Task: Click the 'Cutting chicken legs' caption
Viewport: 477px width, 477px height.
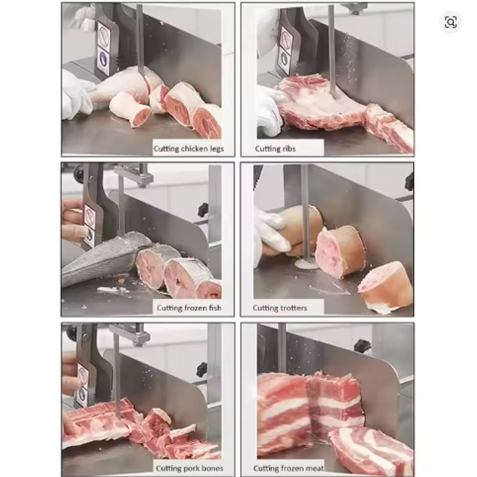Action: pyautogui.click(x=188, y=148)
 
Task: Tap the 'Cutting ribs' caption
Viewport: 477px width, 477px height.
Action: pyautogui.click(x=275, y=148)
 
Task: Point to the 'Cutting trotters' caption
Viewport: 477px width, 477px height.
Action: pyautogui.click(x=280, y=308)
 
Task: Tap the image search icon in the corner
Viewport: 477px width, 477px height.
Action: pyautogui.click(x=451, y=23)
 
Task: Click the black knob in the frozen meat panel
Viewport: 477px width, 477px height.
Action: pyautogui.click(x=362, y=346)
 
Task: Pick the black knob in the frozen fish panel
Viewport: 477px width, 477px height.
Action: pyautogui.click(x=203, y=210)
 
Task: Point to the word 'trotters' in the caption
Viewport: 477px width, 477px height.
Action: pyautogui.click(x=293, y=308)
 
